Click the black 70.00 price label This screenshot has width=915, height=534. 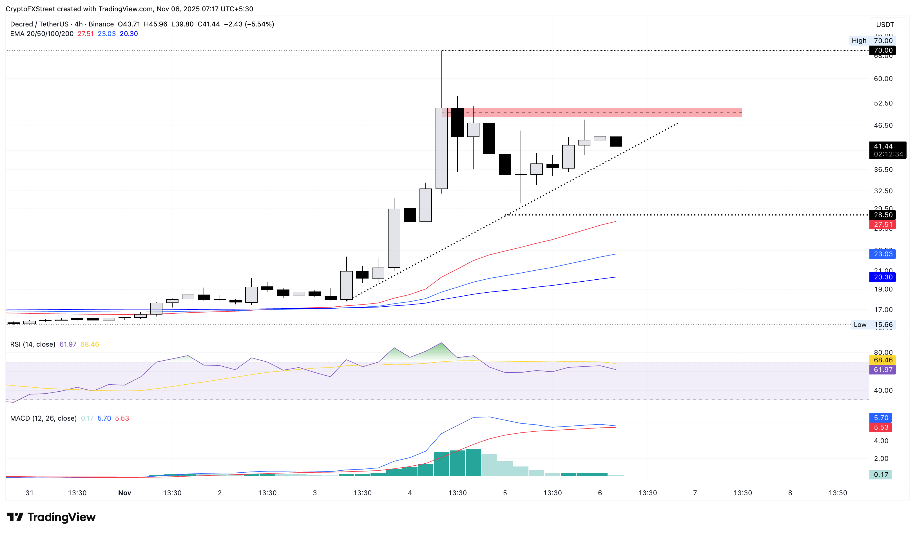point(882,50)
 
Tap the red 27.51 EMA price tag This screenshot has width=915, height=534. point(882,225)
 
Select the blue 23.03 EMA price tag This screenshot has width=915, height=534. point(882,254)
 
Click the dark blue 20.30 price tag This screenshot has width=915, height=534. point(882,277)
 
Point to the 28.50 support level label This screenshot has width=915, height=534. point(882,215)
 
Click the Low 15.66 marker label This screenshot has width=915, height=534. point(874,325)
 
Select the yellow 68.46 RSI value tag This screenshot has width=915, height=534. point(882,360)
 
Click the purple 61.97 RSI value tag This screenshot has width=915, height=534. point(882,370)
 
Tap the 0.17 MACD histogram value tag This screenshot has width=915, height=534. point(880,475)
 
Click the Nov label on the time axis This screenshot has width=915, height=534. point(124,493)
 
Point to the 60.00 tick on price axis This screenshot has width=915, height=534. point(883,79)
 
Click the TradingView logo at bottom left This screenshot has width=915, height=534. point(51,517)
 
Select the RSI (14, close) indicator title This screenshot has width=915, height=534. point(33,344)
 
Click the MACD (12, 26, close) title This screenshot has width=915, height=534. point(43,418)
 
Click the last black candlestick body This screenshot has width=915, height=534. point(616,142)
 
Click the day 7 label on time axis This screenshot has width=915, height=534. point(695,493)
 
